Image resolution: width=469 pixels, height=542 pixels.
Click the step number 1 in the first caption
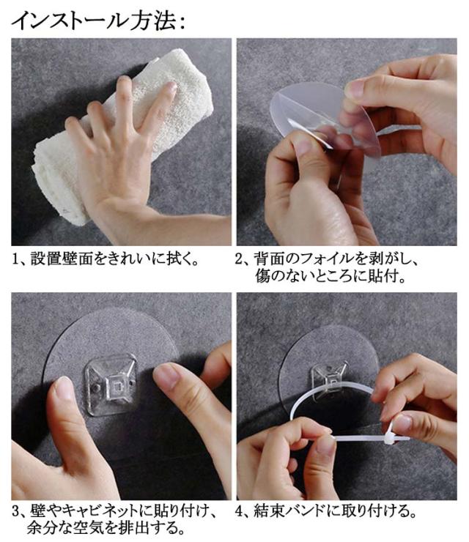click(x=15, y=259)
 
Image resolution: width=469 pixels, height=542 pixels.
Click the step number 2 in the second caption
click(x=239, y=259)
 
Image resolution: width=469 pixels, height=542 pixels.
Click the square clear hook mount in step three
click(x=111, y=385)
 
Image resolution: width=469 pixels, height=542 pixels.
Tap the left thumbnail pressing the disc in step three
click(x=63, y=388)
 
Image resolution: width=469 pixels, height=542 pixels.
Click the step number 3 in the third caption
click(x=16, y=511)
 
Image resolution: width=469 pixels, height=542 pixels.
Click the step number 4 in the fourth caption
click(x=240, y=511)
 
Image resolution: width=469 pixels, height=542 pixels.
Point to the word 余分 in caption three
click(x=42, y=528)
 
